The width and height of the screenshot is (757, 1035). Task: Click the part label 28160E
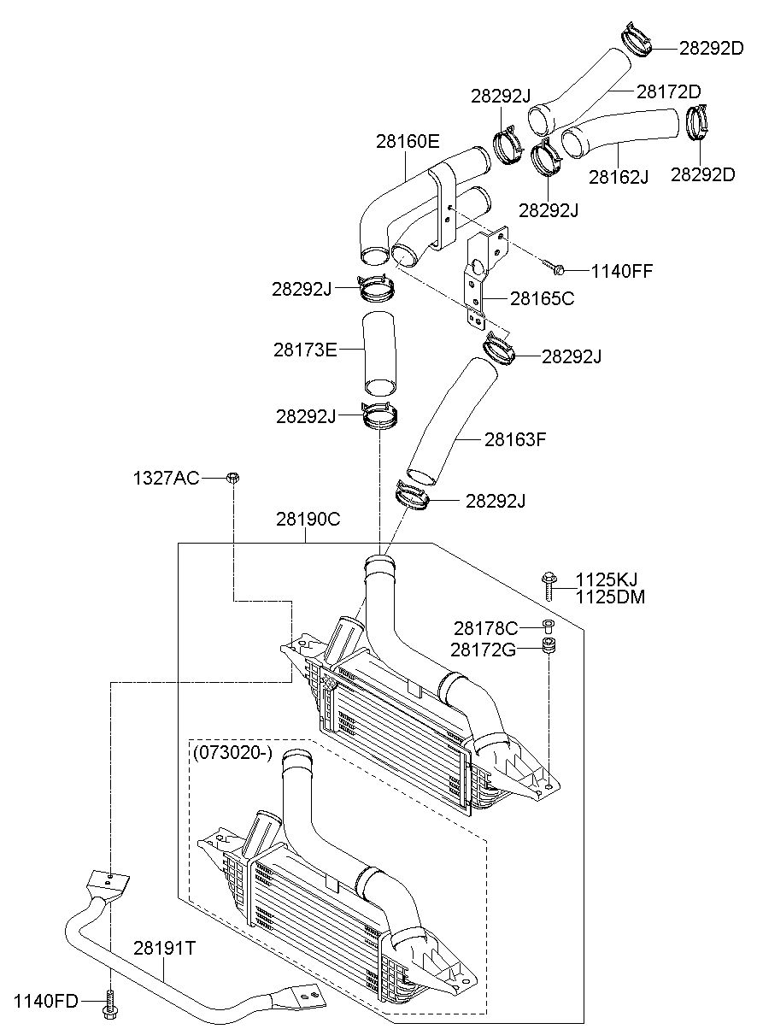point(408,141)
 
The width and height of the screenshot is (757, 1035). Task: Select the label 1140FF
point(622,271)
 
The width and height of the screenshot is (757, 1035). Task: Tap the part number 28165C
point(542,298)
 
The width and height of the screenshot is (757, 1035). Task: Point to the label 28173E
point(305,350)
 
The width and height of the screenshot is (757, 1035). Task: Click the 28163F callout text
point(515,439)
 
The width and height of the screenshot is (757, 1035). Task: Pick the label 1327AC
point(167,479)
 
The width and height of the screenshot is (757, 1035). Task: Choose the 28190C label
point(308,520)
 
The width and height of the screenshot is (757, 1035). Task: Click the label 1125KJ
point(607,579)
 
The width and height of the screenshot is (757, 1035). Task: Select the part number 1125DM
point(610,597)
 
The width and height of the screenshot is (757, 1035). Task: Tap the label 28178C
point(486,628)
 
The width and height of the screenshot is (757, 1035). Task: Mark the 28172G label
point(483,650)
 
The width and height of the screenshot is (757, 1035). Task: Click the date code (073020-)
point(232,753)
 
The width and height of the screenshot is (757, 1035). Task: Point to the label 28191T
point(165,948)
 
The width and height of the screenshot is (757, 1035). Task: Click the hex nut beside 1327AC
point(232,478)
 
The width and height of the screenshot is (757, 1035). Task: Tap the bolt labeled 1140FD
point(110,1000)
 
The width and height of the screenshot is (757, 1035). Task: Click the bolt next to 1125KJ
point(549,586)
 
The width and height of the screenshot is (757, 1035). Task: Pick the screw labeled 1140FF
point(555,267)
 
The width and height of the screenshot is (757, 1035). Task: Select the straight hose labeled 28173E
point(379,354)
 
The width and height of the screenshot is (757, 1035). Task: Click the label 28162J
point(619,177)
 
